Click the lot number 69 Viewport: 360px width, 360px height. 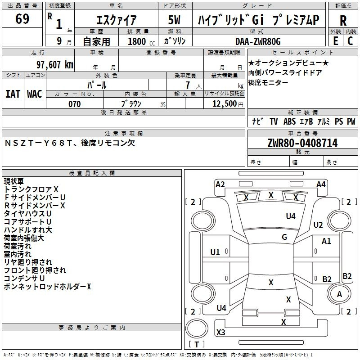tap(22, 19)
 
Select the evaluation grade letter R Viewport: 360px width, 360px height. tap(343, 20)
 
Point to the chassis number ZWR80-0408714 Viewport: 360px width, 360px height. tap(302, 143)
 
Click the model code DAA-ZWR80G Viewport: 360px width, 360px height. tap(258, 41)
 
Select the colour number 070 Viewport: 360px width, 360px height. tap(74, 104)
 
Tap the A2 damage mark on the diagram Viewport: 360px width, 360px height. tap(220, 184)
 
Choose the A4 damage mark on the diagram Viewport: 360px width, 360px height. tap(321, 184)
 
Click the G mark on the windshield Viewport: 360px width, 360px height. tap(284, 237)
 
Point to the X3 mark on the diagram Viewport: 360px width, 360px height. tap(221, 333)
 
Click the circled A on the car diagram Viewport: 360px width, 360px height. tap(340, 294)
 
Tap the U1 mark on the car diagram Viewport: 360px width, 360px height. tap(215, 252)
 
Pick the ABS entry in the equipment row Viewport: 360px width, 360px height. tap(289, 121)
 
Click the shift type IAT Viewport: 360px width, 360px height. tap(13, 94)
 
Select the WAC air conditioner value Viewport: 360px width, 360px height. tap(34, 94)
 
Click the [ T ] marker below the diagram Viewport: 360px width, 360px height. tap(197, 345)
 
